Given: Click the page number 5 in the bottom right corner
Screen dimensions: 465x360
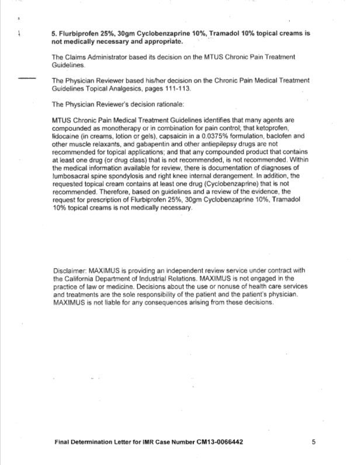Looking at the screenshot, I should [x=314, y=442].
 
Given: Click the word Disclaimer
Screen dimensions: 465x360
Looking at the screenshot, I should [x=69, y=272].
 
